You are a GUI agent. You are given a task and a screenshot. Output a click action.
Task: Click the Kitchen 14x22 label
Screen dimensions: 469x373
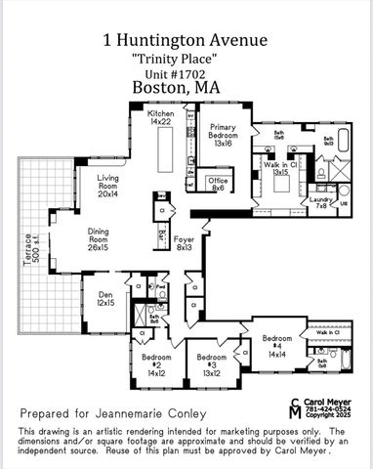(x=161, y=119)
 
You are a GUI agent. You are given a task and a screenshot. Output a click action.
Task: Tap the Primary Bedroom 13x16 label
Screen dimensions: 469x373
(x=224, y=138)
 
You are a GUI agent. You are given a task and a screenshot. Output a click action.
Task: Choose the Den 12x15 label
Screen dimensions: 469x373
(x=104, y=299)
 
